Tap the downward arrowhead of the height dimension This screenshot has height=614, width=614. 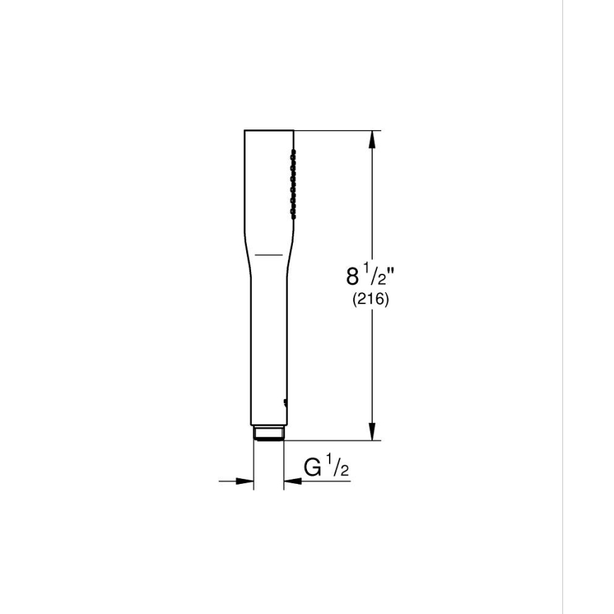[x=372, y=431]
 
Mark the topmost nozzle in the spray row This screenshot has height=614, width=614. [x=291, y=151]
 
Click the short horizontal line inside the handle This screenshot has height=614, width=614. [x=268, y=253]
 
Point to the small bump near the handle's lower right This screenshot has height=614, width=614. [x=285, y=405]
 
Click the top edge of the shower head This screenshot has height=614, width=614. [x=269, y=130]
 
